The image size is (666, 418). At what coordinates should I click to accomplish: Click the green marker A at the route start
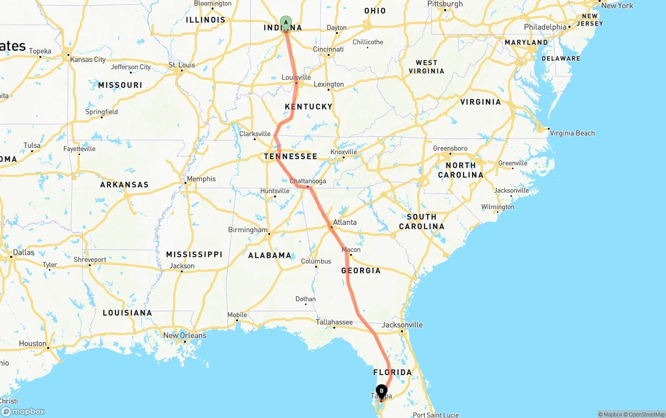click(286, 22)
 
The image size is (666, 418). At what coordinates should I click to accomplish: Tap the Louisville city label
click(296, 78)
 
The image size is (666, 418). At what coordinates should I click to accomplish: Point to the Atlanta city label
click(345, 222)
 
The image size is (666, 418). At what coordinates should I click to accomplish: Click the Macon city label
click(351, 250)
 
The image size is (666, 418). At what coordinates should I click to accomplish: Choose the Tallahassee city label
click(335, 322)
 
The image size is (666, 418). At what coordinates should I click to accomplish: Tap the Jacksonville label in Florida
click(402, 325)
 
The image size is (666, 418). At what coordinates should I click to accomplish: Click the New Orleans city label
click(185, 335)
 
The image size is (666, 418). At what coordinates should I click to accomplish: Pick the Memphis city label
click(201, 179)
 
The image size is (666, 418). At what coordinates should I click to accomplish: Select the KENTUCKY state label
click(309, 107)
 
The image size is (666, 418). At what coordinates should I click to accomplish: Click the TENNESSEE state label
click(290, 157)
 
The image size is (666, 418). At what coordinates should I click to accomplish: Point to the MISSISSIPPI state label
click(194, 255)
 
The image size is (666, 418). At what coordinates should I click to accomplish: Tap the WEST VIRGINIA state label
click(427, 67)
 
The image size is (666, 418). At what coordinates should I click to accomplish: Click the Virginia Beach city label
click(572, 133)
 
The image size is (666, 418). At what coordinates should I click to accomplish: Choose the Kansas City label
click(88, 59)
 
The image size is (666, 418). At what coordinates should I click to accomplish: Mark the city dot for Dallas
click(11, 257)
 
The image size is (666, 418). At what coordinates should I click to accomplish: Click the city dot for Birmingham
click(270, 234)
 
